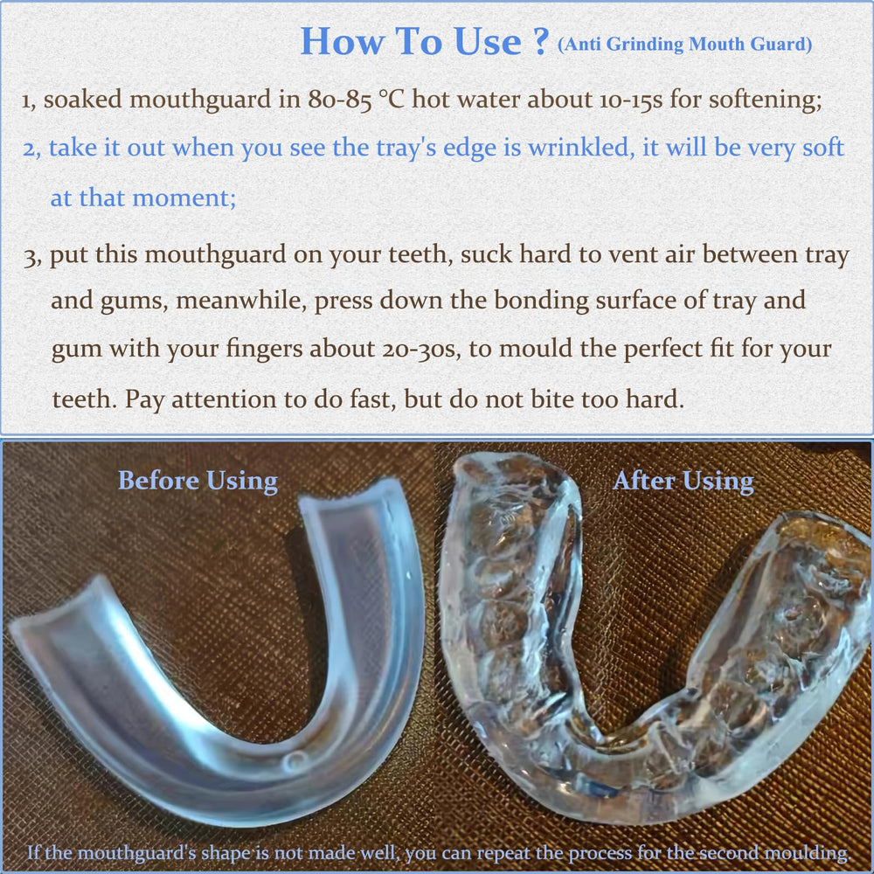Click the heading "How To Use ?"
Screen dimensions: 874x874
pyautogui.click(x=424, y=41)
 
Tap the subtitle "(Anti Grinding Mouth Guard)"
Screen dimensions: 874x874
pyautogui.click(x=684, y=45)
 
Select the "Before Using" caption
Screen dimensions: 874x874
pyautogui.click(x=198, y=481)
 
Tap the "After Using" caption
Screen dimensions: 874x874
pyautogui.click(x=683, y=481)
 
